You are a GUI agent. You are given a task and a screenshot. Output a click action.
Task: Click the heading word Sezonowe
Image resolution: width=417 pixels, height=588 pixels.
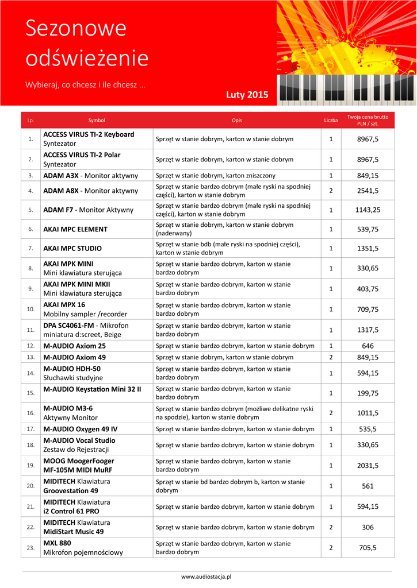pyautogui.click(x=76, y=29)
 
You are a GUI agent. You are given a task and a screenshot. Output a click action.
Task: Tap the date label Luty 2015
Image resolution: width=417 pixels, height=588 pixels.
pyautogui.click(x=247, y=95)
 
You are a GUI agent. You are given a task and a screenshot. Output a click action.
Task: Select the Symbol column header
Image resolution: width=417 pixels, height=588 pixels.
pyautogui.click(x=97, y=121)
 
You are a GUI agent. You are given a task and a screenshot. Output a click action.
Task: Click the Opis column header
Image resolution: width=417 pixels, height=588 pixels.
pyautogui.click(x=237, y=121)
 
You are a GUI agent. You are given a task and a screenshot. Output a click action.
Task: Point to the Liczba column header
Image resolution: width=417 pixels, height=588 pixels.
pyautogui.click(x=331, y=121)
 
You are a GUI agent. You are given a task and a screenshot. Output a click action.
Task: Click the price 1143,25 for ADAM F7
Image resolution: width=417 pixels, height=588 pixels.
pyautogui.click(x=368, y=210)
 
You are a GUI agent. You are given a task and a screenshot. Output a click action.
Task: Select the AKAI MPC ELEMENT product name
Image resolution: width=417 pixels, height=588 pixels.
pyautogui.click(x=75, y=229)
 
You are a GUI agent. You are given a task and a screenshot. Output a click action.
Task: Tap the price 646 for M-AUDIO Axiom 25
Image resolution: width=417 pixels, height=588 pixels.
pyautogui.click(x=368, y=346)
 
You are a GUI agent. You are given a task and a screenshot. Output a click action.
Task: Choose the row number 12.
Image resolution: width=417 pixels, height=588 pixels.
pyautogui.click(x=30, y=346)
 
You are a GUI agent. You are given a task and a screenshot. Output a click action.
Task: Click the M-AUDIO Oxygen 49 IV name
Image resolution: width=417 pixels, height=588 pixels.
pyautogui.click(x=81, y=429)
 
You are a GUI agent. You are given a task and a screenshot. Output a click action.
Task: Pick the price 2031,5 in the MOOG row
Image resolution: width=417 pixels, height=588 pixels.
pyautogui.click(x=368, y=465)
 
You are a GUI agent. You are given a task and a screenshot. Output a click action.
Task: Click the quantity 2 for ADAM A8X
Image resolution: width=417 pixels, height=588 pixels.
pyautogui.click(x=331, y=190)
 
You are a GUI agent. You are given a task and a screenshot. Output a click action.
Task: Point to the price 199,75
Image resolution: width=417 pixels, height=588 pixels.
pyautogui.click(x=368, y=393)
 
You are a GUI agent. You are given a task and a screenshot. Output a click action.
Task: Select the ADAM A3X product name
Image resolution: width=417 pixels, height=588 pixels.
pyautogui.click(x=61, y=175)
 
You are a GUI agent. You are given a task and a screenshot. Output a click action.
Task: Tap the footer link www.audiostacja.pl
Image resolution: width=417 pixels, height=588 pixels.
pyautogui.click(x=208, y=576)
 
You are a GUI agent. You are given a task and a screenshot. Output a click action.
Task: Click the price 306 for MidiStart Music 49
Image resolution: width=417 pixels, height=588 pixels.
pyautogui.click(x=368, y=527)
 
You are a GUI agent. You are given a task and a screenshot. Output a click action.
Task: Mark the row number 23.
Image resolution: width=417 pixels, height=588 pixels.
pyautogui.click(x=30, y=548)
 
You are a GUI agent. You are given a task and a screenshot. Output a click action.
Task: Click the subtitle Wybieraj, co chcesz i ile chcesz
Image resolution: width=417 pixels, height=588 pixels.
pyautogui.click(x=85, y=85)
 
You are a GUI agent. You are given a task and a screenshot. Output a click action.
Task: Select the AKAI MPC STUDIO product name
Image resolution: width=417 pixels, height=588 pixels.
pyautogui.click(x=72, y=249)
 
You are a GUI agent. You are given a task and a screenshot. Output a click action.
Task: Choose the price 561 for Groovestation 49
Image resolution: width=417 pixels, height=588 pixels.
pyautogui.click(x=368, y=486)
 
